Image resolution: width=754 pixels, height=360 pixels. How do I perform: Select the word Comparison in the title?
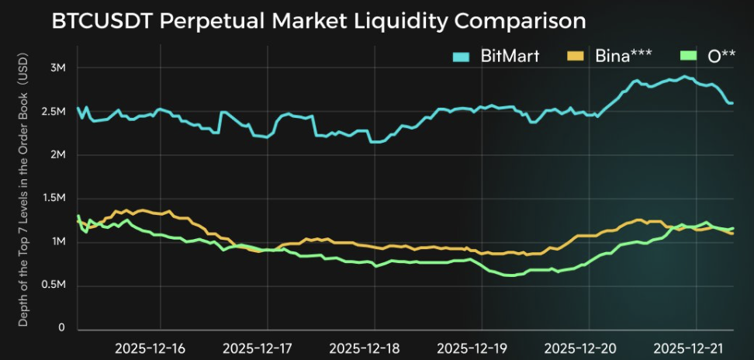tap(518, 21)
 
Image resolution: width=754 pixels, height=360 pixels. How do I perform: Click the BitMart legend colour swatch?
tap(462, 56)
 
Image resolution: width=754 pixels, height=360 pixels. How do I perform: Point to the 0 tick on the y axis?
tap(62, 329)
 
